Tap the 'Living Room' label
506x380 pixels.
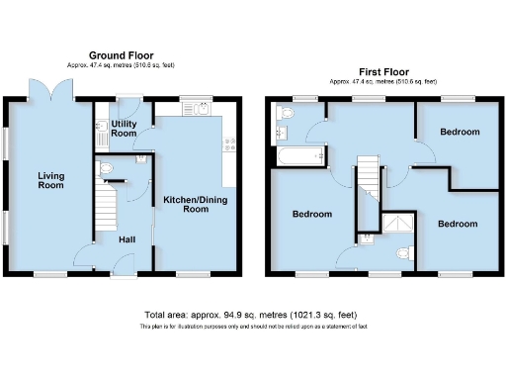(x=51, y=182)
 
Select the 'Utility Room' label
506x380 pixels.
(x=123, y=127)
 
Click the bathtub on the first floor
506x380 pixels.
(x=296, y=156)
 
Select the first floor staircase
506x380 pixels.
(x=368, y=188)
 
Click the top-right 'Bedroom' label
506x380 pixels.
(x=460, y=132)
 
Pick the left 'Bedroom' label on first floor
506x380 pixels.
(x=311, y=213)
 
